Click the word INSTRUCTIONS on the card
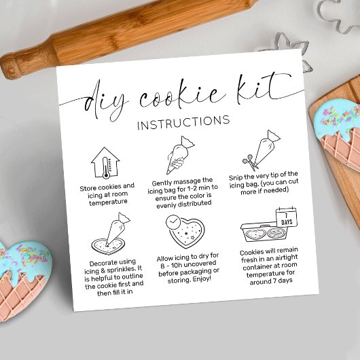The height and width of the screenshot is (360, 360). tap(183, 122)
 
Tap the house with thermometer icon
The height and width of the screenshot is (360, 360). tap(105, 163)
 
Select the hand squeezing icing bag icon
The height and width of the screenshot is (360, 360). tap(180, 155)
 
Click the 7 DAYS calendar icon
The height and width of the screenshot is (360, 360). tap(287, 217)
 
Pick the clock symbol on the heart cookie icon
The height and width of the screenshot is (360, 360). tap(173, 222)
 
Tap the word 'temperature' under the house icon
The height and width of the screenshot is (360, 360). tap(108, 202)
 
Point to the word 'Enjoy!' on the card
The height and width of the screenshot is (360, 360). tap(202, 279)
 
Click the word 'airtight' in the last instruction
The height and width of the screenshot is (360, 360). tap(285, 258)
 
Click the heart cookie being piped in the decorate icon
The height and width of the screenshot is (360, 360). tap(108, 246)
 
